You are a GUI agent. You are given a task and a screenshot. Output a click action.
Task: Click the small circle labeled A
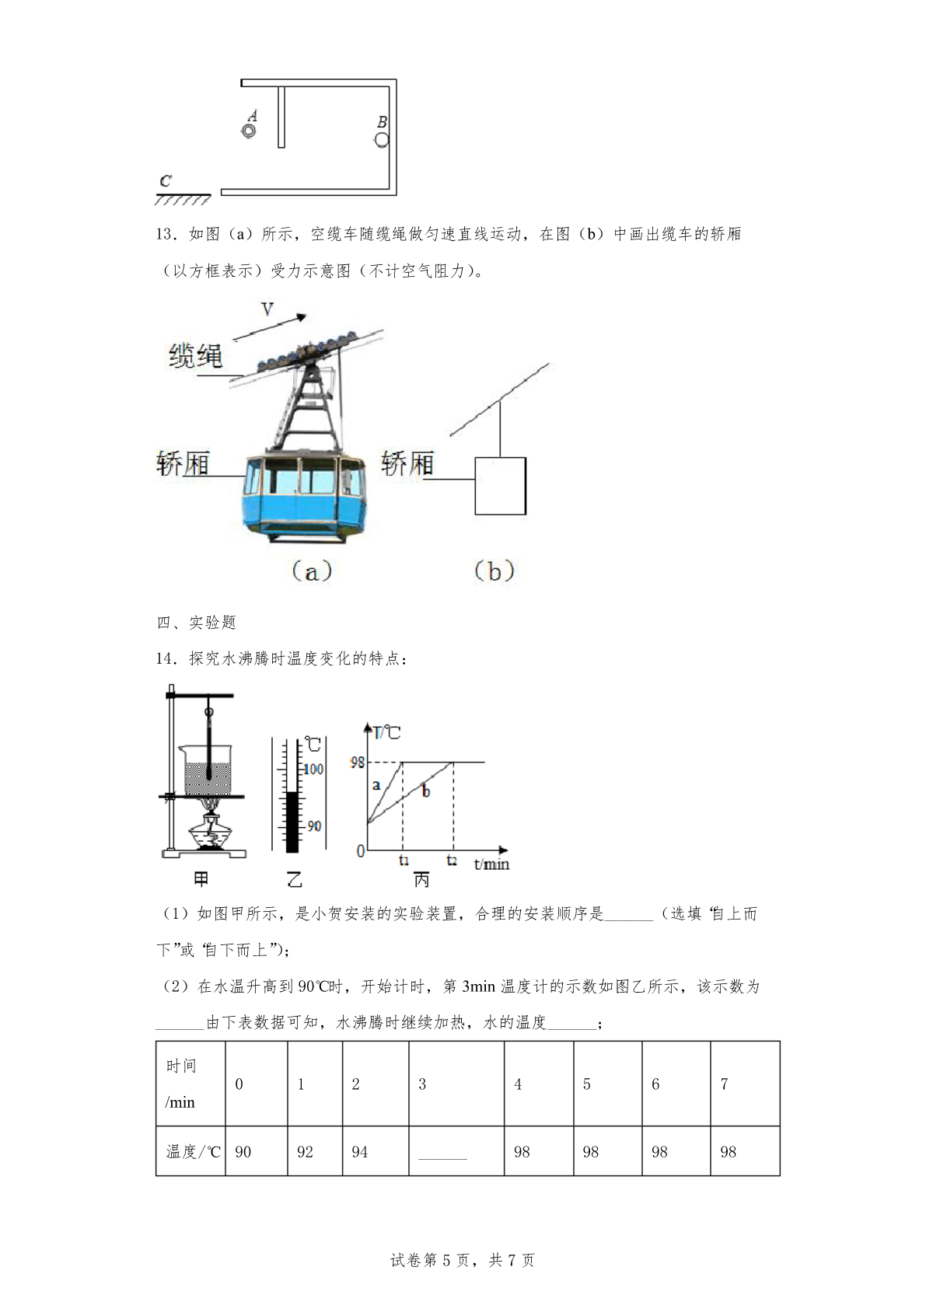(x=249, y=131)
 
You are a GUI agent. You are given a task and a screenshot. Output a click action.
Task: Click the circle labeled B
(x=381, y=139)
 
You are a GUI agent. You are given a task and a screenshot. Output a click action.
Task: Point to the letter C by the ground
(x=166, y=181)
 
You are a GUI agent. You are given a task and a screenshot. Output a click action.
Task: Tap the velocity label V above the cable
(x=267, y=309)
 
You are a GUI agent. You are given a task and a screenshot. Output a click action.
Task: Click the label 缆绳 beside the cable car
(x=196, y=356)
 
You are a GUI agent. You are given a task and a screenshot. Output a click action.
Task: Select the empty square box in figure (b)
(x=500, y=486)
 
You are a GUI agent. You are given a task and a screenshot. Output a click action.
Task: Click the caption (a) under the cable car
(x=311, y=572)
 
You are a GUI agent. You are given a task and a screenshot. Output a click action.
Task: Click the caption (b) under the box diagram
(x=494, y=571)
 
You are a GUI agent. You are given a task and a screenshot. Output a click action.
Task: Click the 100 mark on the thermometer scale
(x=313, y=770)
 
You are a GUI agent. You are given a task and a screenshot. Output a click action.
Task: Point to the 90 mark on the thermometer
(x=313, y=826)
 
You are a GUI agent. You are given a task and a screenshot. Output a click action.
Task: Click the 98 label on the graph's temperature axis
(x=358, y=763)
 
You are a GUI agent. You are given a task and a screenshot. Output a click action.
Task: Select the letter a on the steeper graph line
(x=376, y=785)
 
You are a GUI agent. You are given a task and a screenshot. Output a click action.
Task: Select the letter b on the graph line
(x=425, y=792)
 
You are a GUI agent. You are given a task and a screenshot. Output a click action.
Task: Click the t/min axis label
(x=491, y=864)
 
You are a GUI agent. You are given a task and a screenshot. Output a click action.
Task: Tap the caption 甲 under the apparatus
(x=201, y=879)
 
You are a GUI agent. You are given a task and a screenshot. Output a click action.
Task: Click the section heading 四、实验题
(x=196, y=622)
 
